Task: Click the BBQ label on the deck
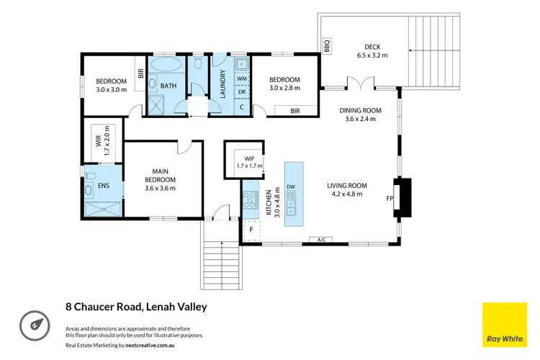(327, 45)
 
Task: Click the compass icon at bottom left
(34, 323)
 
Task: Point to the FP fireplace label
(390, 197)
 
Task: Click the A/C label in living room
(318, 239)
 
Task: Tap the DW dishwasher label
(291, 187)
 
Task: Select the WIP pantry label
(250, 158)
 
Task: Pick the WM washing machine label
(241, 77)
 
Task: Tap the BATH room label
(168, 86)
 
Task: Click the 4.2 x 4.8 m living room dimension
(348, 194)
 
